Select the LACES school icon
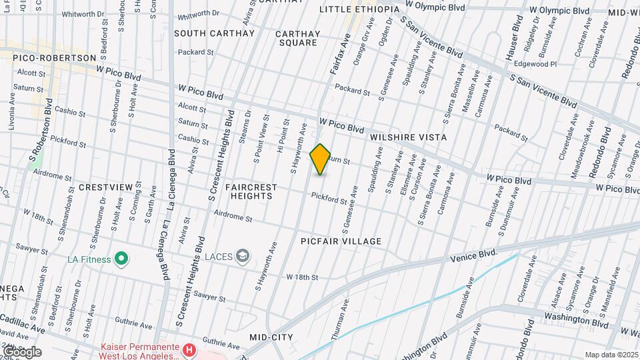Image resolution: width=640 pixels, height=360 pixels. pos(243,255)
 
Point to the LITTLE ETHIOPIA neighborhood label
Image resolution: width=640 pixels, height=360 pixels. pos(359,9)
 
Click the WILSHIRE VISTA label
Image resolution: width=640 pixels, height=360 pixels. pos(409,137)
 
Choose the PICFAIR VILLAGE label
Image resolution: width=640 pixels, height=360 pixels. pos(341,241)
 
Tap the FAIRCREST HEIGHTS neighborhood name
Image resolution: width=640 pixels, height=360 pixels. pos(249,192)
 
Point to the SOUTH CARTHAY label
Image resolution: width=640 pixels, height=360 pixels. pos(215,33)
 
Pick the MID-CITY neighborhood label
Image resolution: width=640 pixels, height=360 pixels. pos(271,338)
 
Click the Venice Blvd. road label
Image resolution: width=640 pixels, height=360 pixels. pos(474,255)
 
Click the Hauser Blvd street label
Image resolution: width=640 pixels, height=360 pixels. pos(513,40)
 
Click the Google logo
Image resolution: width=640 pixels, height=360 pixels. pos(22,352)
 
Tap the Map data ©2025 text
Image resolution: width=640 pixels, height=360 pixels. pos(611,355)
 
